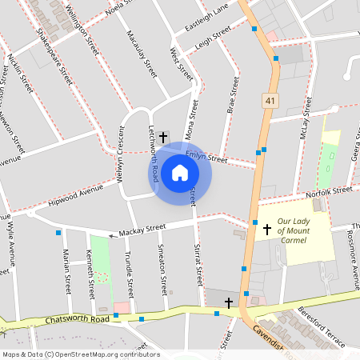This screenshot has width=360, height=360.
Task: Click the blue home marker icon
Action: click(180, 173)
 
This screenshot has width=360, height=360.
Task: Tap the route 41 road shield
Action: click(269, 100)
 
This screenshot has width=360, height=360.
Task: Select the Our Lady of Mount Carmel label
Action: click(303, 230)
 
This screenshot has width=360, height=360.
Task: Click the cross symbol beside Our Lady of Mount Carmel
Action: click(267, 230)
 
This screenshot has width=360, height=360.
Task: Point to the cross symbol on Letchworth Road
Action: click(163, 137)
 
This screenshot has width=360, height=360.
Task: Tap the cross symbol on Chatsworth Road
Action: click(230, 302)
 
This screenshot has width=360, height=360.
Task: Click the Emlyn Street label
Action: click(201, 157)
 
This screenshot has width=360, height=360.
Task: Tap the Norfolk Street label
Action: click(330, 191)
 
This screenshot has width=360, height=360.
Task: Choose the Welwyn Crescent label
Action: click(121, 157)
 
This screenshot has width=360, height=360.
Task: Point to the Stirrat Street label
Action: click(198, 264)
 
